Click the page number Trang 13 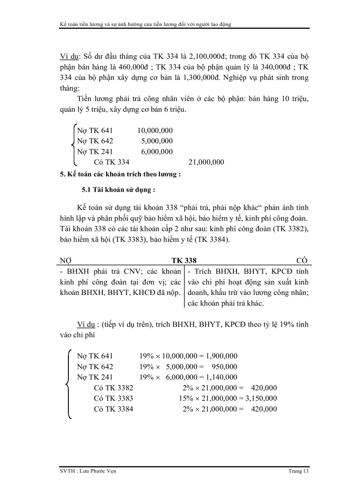pos(298,472)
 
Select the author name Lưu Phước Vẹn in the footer pos(98,472)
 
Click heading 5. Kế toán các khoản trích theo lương pos(120,174)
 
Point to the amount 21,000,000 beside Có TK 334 pos(206,162)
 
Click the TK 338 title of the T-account pos(184,261)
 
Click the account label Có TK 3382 pos(114,387)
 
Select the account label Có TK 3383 pos(114,398)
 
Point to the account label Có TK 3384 pos(114,409)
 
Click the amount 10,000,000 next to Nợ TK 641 pos(155,130)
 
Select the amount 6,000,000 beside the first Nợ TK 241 pos(157,152)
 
